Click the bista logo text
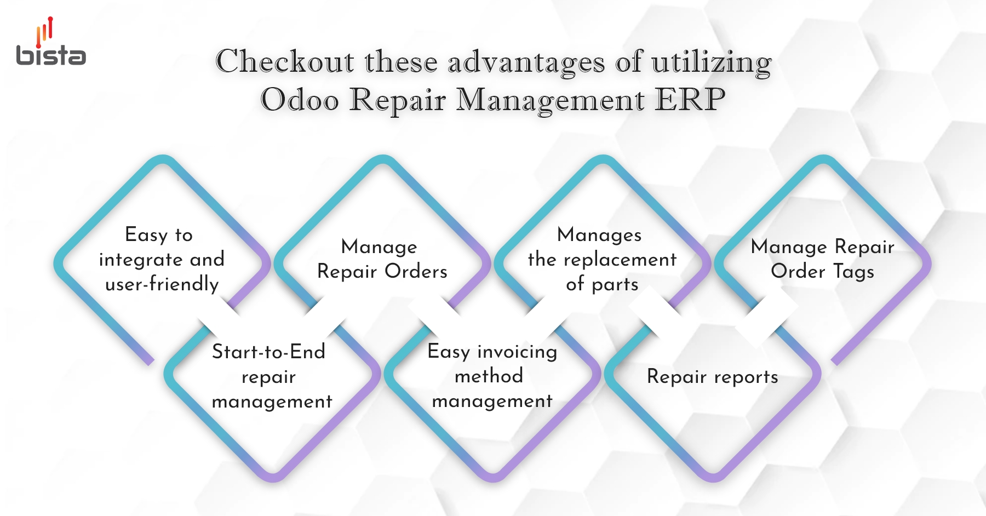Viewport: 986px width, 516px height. tap(51, 55)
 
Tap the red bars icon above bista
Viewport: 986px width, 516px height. tap(44, 31)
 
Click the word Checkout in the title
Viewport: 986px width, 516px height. tap(285, 61)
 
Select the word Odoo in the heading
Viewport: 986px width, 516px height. tap(300, 100)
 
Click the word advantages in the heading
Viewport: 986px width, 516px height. tap(526, 62)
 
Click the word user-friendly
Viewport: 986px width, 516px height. tap(162, 284)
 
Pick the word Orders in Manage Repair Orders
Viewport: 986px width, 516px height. tap(416, 271)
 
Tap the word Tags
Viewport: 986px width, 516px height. tap(853, 272)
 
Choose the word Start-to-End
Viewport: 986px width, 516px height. tap(268, 352)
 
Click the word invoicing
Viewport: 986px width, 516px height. tap(517, 352)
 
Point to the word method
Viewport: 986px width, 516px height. tap(489, 376)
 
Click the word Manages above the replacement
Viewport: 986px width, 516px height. tap(599, 235)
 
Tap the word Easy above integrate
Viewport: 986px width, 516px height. tap(146, 235)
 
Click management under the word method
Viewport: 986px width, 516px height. tap(492, 402)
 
